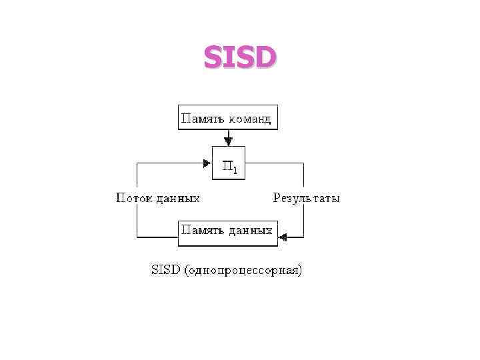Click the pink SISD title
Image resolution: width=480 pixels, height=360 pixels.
coord(239,58)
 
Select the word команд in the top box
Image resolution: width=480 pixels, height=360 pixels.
coord(250,119)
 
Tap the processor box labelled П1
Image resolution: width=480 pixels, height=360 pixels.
coord(229,163)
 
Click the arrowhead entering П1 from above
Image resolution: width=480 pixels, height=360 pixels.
coord(229,141)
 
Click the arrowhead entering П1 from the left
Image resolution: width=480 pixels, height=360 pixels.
coord(207,161)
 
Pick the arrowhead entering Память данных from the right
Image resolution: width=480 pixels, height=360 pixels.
coord(282,236)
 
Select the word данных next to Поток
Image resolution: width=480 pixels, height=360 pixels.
coord(178,198)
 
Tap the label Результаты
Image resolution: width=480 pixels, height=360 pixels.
coord(306,198)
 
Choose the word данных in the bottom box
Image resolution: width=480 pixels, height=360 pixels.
coord(250,231)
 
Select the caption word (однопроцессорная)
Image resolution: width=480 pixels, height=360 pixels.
coord(245,271)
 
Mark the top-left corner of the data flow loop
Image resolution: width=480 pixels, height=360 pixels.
coord(137,161)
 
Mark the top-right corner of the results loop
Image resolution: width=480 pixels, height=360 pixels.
coord(304,161)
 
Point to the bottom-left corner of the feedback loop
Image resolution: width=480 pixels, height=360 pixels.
coord(137,236)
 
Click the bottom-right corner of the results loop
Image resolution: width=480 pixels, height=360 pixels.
coord(304,236)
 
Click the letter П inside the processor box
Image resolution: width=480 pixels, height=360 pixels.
coord(226,167)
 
